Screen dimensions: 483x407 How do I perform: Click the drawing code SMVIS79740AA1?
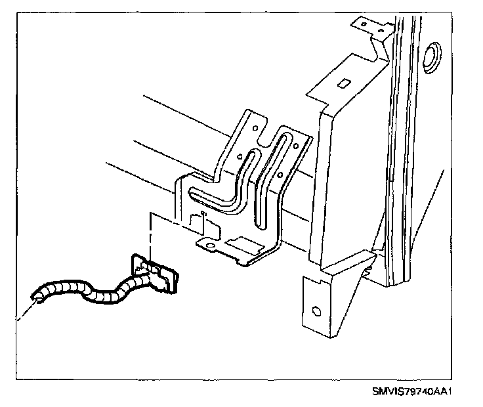coord(412,392)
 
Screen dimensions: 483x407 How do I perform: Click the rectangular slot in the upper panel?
coord(343,83)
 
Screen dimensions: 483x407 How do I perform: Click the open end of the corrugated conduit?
coord(38,297)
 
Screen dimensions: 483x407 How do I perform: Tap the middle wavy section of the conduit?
coord(105,295)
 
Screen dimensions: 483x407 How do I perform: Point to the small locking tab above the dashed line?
coord(204,216)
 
